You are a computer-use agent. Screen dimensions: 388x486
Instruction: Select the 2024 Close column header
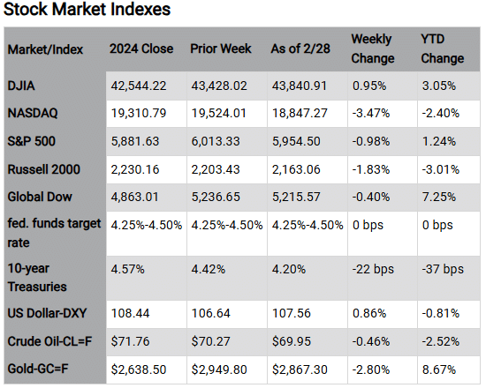[x=141, y=48]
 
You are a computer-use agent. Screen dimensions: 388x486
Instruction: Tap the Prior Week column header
[x=220, y=48]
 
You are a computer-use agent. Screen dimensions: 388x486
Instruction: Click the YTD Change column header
[x=442, y=48]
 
